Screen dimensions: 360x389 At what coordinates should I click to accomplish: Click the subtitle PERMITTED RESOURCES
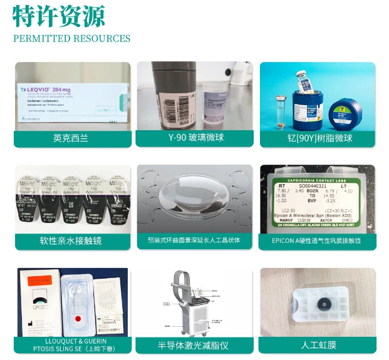click(x=71, y=39)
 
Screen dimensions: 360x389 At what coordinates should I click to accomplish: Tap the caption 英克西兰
click(x=72, y=138)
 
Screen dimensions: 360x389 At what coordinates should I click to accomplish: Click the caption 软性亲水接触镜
click(x=71, y=240)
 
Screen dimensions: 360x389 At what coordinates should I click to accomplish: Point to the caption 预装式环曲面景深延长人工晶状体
click(x=195, y=240)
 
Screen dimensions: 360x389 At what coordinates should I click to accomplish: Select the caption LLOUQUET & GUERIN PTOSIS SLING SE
click(x=71, y=344)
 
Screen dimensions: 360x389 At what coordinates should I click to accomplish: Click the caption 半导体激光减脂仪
click(x=195, y=344)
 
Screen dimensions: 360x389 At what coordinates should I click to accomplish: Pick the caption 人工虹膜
click(x=318, y=344)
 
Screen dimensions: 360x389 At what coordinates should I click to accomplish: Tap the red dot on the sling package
click(x=78, y=318)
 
